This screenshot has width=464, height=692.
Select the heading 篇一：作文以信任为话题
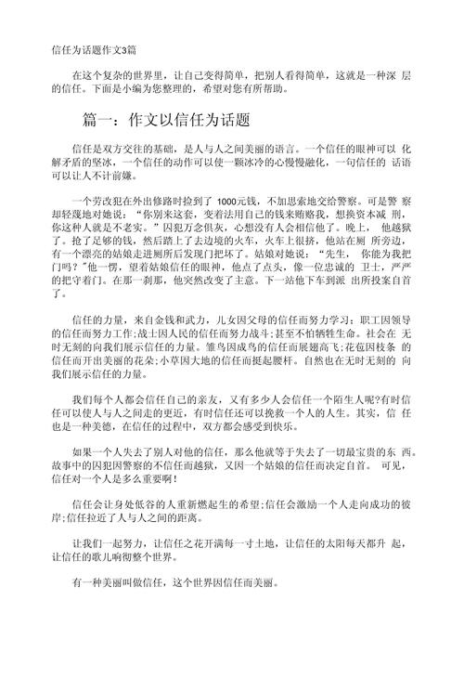[x=166, y=121]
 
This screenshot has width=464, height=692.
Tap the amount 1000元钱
[x=239, y=202]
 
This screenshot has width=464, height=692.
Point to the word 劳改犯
[x=105, y=202]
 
